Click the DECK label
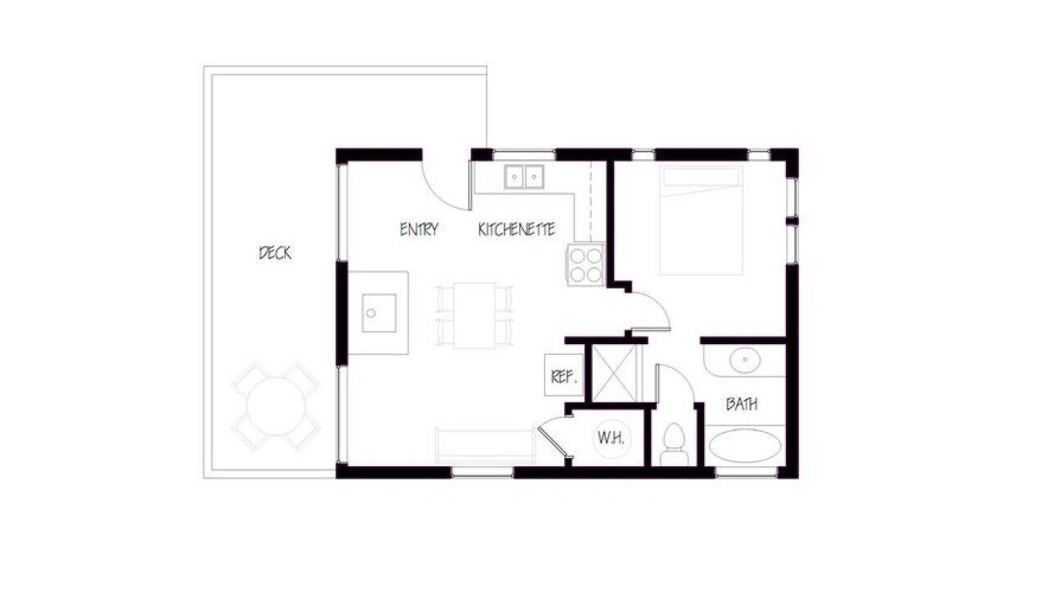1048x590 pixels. (x=275, y=253)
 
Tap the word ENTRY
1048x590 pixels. (x=419, y=229)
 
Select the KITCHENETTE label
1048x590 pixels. (x=517, y=229)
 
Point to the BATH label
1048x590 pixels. (x=742, y=404)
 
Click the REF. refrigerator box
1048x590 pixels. (x=564, y=375)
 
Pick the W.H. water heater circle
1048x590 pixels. (x=612, y=438)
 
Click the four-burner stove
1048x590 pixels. (x=585, y=265)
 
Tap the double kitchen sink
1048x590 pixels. (x=523, y=177)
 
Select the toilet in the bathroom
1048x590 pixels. (x=674, y=445)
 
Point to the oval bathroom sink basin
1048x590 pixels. (x=745, y=361)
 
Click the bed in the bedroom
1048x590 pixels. (x=701, y=220)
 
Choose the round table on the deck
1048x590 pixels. (x=276, y=406)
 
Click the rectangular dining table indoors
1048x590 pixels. (x=474, y=315)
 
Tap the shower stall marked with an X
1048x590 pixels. (x=614, y=373)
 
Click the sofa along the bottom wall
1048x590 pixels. (x=485, y=445)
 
